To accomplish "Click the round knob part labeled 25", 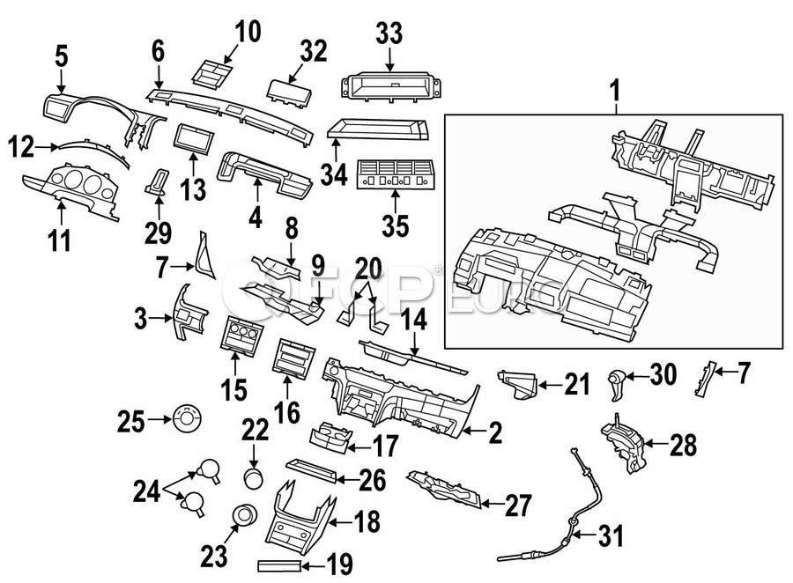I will coord(187,417).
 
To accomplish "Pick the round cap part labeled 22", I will coord(254,477).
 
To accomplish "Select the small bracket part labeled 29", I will coord(159,181).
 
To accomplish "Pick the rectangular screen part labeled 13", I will coord(193,138).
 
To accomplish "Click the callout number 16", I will coord(288,410).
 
